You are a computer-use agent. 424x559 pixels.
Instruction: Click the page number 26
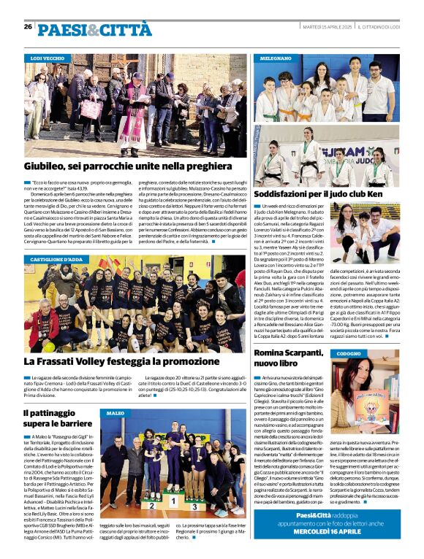click(x=28, y=26)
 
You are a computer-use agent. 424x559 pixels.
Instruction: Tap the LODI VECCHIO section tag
click(x=47, y=58)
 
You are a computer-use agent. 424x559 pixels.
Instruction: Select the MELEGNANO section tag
click(x=276, y=57)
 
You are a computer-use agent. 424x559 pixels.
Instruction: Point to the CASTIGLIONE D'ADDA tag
click(x=58, y=259)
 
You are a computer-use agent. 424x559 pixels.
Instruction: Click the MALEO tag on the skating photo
click(x=115, y=413)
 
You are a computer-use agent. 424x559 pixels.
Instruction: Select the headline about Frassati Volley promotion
click(x=120, y=361)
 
